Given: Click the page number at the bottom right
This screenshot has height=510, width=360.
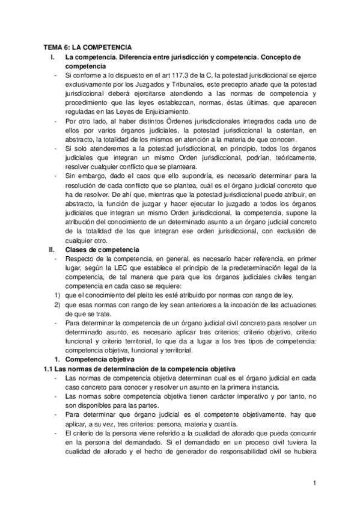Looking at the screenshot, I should pos(314,482).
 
